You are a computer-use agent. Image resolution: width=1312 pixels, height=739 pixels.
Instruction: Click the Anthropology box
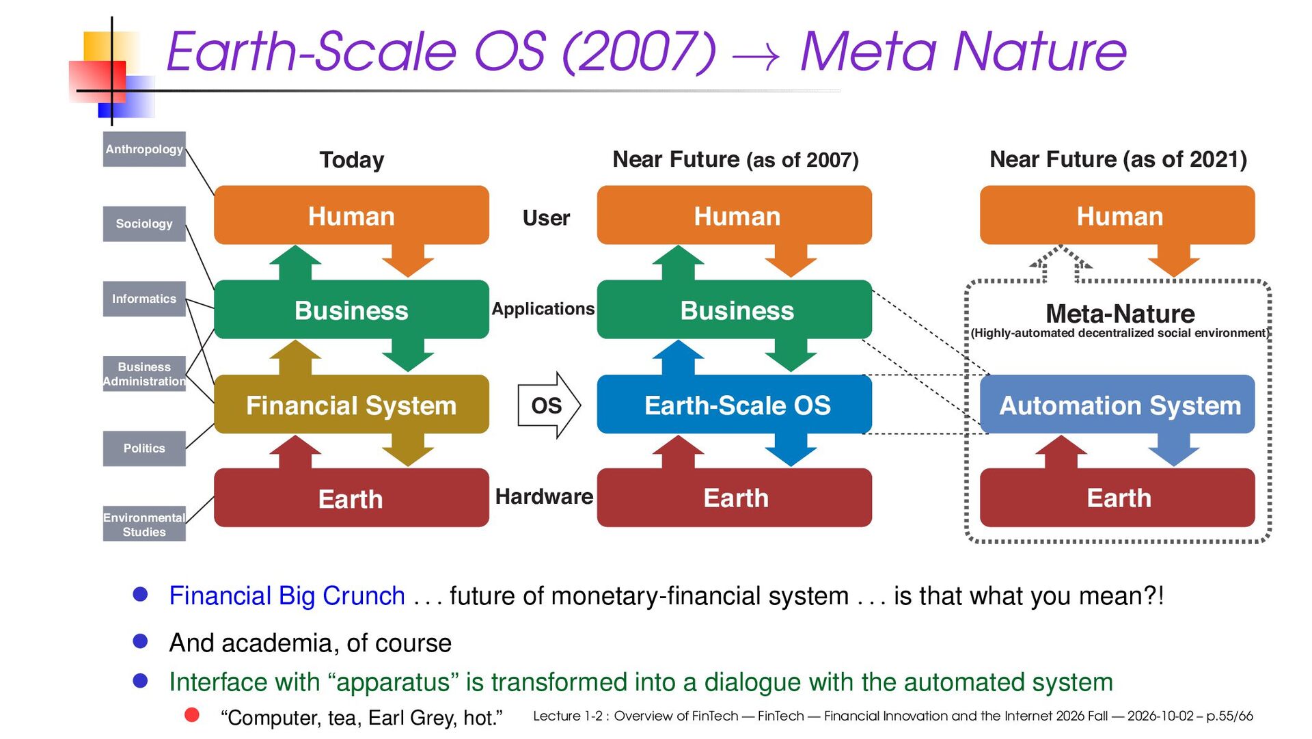point(144,149)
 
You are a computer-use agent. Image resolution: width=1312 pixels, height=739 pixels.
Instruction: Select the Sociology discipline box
point(144,224)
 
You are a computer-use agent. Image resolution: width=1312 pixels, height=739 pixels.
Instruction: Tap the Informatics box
point(144,299)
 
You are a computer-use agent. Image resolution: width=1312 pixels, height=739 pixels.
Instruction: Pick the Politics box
point(144,448)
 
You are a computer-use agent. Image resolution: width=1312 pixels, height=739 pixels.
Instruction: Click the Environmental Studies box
point(144,524)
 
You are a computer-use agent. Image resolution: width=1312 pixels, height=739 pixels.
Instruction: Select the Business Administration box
point(144,374)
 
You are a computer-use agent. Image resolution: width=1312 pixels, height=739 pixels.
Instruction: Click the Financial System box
point(351,405)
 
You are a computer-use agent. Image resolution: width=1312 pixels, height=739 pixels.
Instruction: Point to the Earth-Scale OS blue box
point(735,405)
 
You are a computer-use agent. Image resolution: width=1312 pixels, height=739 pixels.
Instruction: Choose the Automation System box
point(1117,405)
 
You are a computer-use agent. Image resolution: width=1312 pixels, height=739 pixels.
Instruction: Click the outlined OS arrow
point(549,405)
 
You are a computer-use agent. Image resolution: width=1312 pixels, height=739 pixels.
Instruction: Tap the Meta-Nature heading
point(1120,314)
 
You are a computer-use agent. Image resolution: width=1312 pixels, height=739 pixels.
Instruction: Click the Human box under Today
point(351,215)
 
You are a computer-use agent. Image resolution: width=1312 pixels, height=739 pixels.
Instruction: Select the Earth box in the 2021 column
point(1117,498)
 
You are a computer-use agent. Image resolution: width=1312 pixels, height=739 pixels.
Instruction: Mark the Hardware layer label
point(544,496)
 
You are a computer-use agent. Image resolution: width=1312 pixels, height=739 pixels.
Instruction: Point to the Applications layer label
point(543,309)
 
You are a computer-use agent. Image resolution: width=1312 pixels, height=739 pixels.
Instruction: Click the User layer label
point(546,218)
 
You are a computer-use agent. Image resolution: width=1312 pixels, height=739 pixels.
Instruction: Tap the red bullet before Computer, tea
point(192,715)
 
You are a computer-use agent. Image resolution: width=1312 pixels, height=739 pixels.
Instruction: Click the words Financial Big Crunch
point(287,596)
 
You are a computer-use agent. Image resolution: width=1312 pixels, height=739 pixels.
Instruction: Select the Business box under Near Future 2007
point(735,310)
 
